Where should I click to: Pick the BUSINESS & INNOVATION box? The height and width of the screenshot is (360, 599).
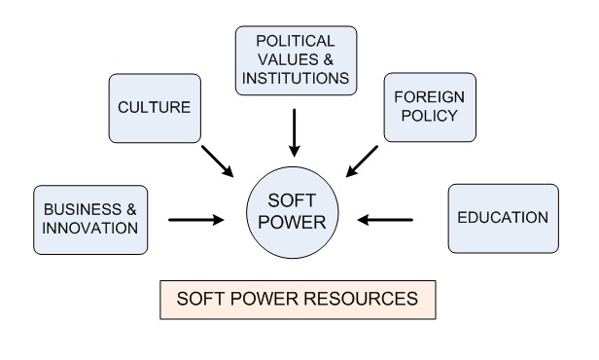(x=88, y=219)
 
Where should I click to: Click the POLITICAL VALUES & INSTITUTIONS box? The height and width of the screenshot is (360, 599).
(x=297, y=60)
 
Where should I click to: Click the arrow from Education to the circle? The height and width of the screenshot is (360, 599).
(x=387, y=219)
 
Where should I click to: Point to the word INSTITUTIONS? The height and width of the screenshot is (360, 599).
(x=297, y=78)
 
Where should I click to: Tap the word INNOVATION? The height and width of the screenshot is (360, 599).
(x=88, y=229)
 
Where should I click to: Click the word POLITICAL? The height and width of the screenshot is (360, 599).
(x=297, y=42)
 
